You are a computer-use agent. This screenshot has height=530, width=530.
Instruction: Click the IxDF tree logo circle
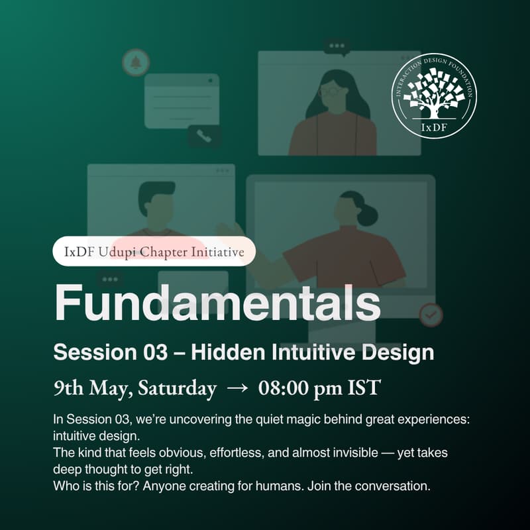pos(434,95)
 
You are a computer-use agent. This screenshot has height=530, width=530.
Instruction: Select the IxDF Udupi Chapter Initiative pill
pos(154,252)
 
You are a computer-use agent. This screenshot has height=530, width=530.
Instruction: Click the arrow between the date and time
pos(237,389)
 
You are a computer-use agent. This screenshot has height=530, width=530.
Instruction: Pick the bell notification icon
pos(136,63)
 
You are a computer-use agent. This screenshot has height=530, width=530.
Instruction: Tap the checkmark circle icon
pos(431,315)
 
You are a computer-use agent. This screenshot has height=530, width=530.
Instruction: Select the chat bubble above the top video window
pos(337,47)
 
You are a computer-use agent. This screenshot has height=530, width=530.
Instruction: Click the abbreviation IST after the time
pos(364,388)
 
